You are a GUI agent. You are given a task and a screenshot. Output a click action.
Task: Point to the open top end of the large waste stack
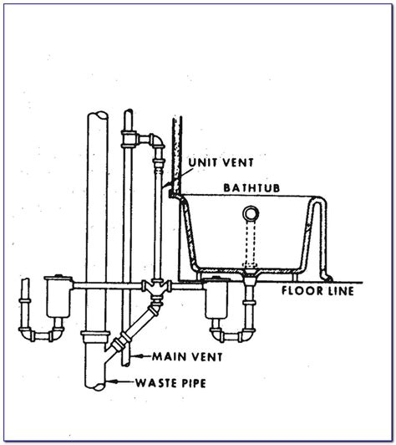tap(98, 118)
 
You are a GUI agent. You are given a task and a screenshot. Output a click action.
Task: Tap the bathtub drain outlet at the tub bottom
tap(248, 272)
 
